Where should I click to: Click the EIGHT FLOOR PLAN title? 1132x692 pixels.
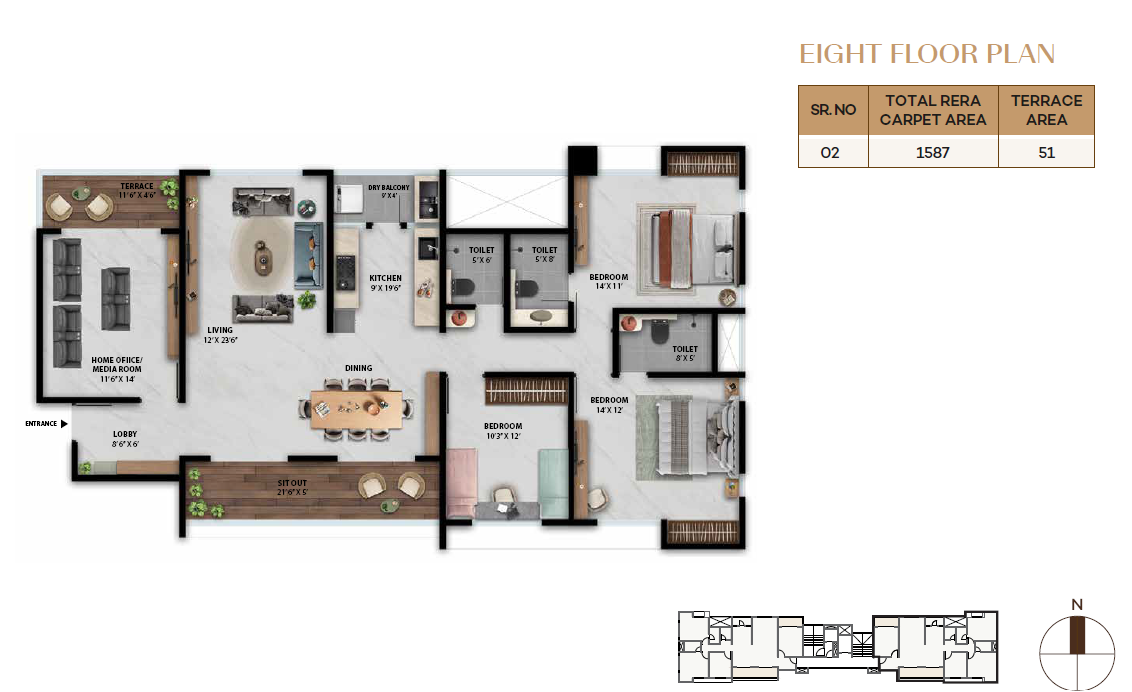(x=927, y=54)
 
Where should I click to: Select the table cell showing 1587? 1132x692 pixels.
(x=933, y=152)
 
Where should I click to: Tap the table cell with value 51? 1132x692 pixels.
(x=1046, y=152)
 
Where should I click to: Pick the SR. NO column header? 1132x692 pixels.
(x=833, y=110)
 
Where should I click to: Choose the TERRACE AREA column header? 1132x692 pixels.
(x=1046, y=110)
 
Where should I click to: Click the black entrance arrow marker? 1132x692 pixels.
(x=64, y=424)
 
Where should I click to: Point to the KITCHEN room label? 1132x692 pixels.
(x=386, y=283)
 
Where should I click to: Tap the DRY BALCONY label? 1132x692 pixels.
(x=388, y=191)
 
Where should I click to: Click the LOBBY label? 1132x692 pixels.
(x=125, y=439)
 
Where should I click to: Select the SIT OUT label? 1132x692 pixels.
(x=292, y=488)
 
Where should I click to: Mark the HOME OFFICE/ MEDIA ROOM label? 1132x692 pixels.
(x=117, y=369)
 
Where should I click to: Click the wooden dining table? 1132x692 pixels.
(x=357, y=410)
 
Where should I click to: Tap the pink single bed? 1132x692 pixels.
(x=461, y=483)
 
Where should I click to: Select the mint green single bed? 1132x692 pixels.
(x=554, y=483)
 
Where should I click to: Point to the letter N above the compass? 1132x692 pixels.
(x=1077, y=605)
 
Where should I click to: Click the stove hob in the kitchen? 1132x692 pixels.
(x=346, y=272)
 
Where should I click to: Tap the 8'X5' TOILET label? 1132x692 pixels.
(x=685, y=354)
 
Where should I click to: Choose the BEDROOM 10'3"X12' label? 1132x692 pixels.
(x=503, y=431)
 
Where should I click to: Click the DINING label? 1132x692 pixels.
(x=359, y=368)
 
